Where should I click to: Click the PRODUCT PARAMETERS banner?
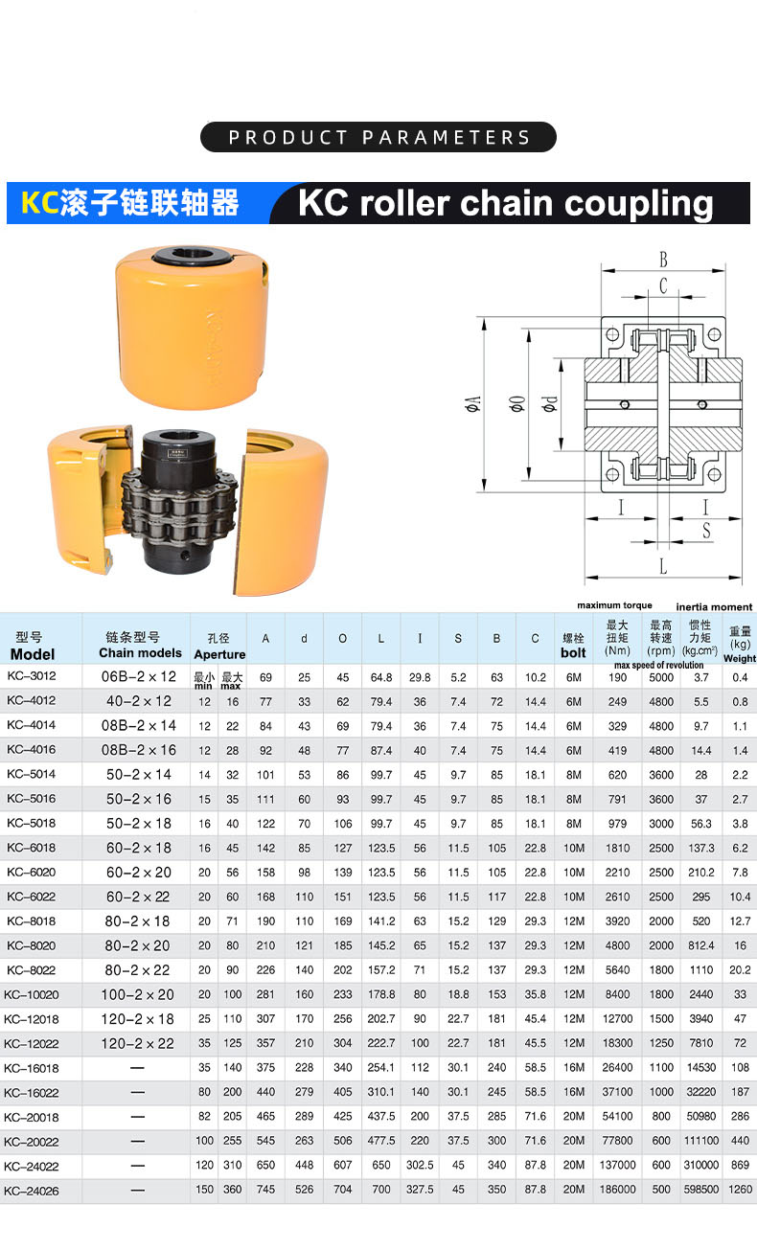coord(378,137)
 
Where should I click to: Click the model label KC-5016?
coord(32,799)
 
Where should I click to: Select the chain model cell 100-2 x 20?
coord(137,994)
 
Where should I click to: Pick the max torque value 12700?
coord(617,1019)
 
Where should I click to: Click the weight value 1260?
coord(741,1189)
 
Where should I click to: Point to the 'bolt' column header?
coord(573,652)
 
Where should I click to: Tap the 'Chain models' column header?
coord(140,653)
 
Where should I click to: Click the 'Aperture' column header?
coord(219,654)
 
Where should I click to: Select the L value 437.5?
coord(381,1116)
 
